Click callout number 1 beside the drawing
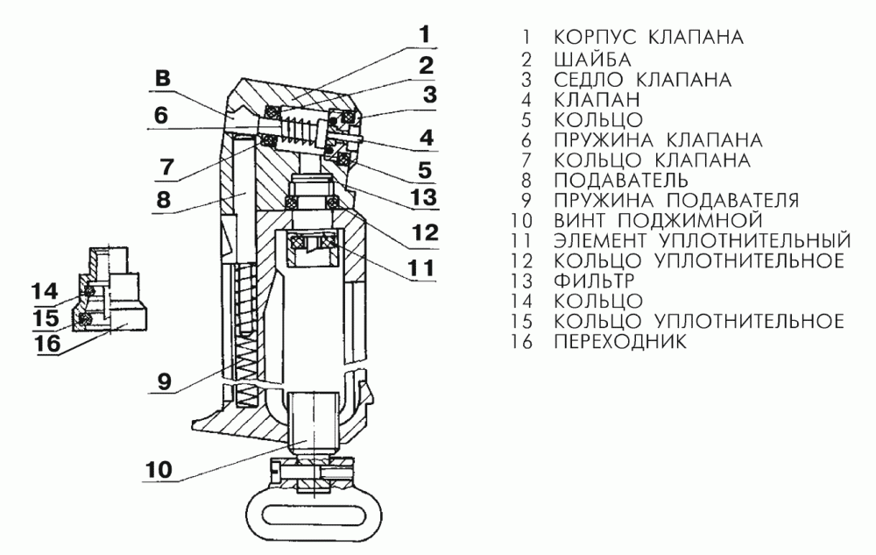(424, 35)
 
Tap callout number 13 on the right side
(424, 198)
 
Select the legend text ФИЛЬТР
(596, 280)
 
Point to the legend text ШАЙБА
(590, 59)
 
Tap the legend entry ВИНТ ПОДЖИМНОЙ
(659, 218)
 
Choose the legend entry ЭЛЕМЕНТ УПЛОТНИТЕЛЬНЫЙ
(702, 239)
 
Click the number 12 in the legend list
(524, 260)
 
